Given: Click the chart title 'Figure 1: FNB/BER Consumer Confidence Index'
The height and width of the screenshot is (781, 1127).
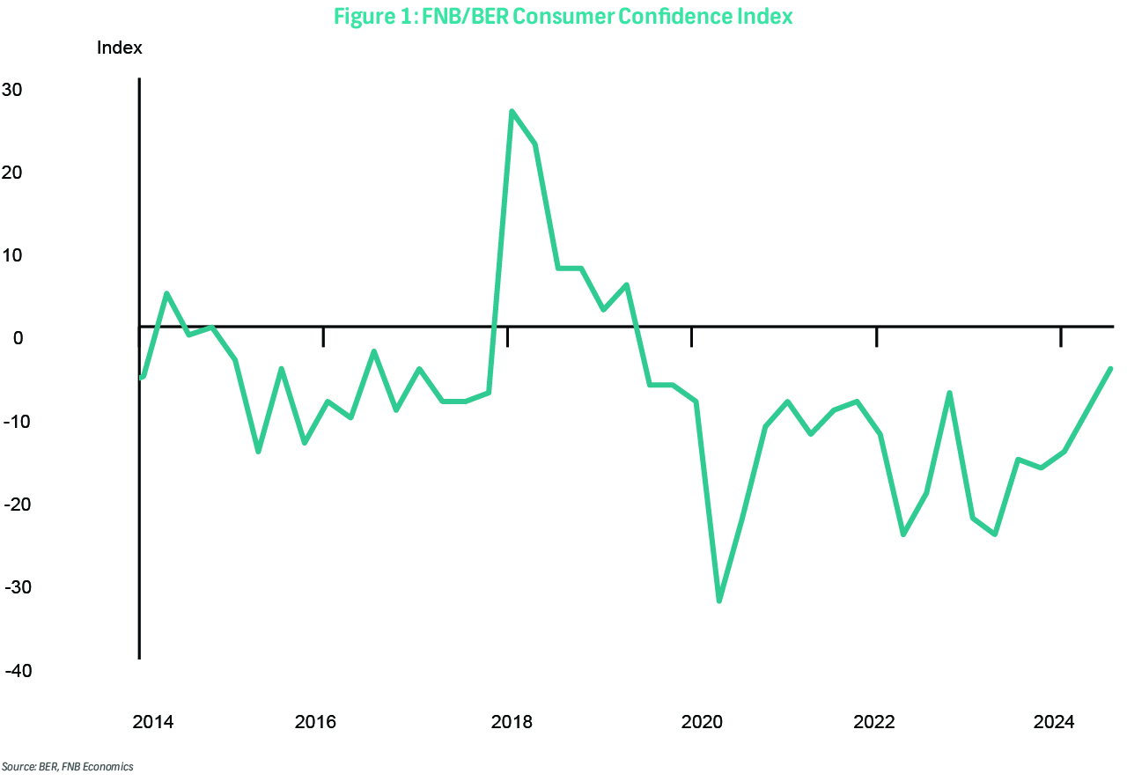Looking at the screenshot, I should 563,17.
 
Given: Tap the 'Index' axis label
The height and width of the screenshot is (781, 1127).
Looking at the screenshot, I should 119,48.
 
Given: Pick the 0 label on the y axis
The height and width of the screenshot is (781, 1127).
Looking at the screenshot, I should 17,338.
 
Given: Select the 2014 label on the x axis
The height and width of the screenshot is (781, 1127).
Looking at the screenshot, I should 153,723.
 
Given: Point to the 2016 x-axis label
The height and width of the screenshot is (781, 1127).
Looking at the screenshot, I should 315,723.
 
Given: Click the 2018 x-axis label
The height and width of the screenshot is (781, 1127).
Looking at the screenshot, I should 512,723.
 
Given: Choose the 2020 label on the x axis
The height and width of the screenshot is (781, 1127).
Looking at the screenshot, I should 702,723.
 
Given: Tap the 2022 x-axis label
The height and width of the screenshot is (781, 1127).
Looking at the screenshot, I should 874,723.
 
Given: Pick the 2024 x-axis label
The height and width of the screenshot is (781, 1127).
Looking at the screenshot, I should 1054,723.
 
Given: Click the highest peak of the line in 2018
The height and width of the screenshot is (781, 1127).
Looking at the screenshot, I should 512,112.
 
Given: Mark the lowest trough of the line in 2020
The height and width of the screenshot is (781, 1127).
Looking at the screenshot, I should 719,601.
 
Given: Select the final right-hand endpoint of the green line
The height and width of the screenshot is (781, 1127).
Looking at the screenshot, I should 1110,369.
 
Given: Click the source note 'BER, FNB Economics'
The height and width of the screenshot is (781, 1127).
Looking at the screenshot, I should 67,767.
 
